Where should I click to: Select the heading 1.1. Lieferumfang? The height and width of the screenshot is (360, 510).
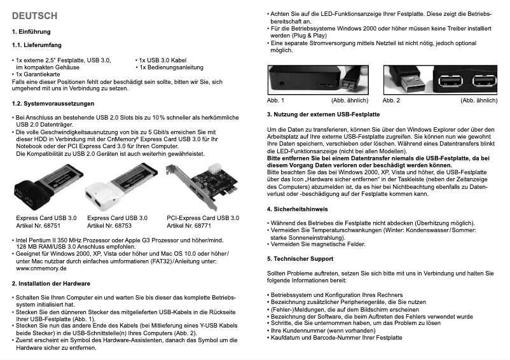[x=37, y=45]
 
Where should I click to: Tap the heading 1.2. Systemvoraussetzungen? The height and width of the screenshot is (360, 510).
[x=53, y=103]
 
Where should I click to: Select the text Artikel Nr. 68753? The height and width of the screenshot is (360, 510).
[x=109, y=225]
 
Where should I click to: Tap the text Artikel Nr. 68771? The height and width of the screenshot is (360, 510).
[x=189, y=225]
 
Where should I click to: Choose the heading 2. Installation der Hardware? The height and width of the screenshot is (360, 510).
[x=51, y=283]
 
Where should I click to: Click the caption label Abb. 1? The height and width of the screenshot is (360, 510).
[x=275, y=100]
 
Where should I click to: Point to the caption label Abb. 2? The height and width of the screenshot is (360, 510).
[x=391, y=100]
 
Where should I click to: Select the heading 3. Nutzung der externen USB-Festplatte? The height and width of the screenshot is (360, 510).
[x=323, y=114]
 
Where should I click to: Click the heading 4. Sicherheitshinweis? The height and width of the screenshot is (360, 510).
[x=297, y=209]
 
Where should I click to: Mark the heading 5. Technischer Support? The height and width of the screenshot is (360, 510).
[x=300, y=259]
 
